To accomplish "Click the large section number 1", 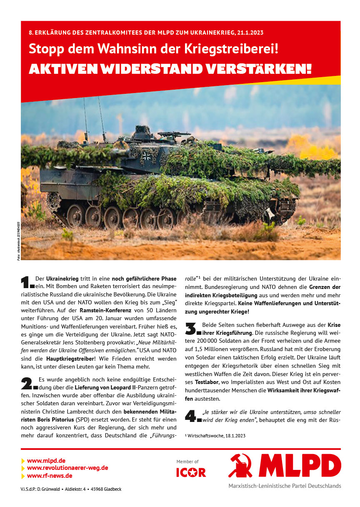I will point(27,282).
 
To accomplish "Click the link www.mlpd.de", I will point(46,461).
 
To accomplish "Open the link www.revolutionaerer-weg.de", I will point(67,468).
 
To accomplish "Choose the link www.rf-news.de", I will point(50,475).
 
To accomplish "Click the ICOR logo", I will point(191,472).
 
